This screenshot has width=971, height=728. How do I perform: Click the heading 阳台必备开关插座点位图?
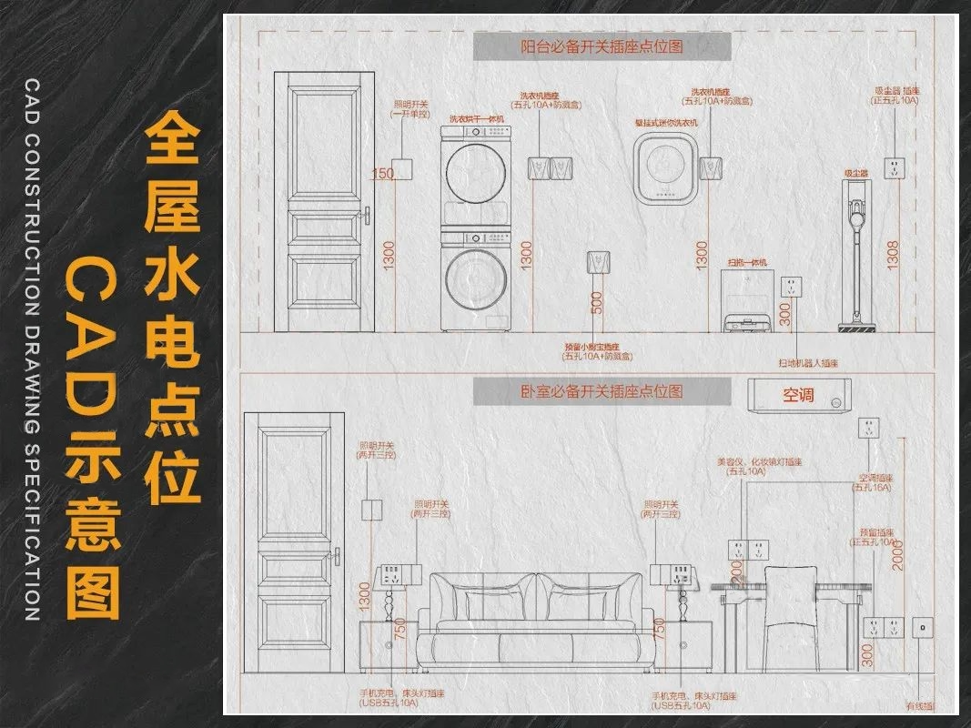pyautogui.click(x=602, y=46)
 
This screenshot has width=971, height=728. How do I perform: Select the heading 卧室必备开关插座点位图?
pyautogui.click(x=602, y=392)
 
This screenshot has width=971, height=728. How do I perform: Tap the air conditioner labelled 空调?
pyautogui.click(x=798, y=396)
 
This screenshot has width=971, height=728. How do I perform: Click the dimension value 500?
pyautogui.click(x=597, y=303)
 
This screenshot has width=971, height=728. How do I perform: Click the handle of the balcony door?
pyautogui.click(x=367, y=215)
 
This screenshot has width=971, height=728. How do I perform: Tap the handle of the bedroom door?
pyautogui.click(x=337, y=555)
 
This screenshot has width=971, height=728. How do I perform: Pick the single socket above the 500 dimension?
pyautogui.click(x=597, y=259)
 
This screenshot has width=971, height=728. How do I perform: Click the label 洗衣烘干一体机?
pyautogui.click(x=476, y=119)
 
